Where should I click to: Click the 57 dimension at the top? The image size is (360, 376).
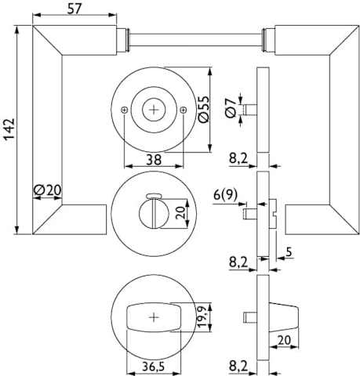pyautogui.click(x=75, y=9)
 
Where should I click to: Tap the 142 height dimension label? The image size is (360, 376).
pyautogui.click(x=9, y=129)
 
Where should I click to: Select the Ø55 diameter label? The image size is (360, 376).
pyautogui.click(x=204, y=109)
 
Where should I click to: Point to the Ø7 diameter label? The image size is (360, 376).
pyautogui.click(x=230, y=108)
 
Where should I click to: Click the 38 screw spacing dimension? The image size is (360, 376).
pyautogui.click(x=154, y=159)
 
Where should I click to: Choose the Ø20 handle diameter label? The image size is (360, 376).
pyautogui.click(x=48, y=190)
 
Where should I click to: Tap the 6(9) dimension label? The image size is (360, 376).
pyautogui.click(x=225, y=194)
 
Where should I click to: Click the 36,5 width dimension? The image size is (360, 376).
pyautogui.click(x=154, y=367)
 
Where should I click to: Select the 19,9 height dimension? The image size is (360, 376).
pyautogui.click(x=203, y=317)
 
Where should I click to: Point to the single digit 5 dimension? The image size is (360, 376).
pyautogui.click(x=289, y=252)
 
